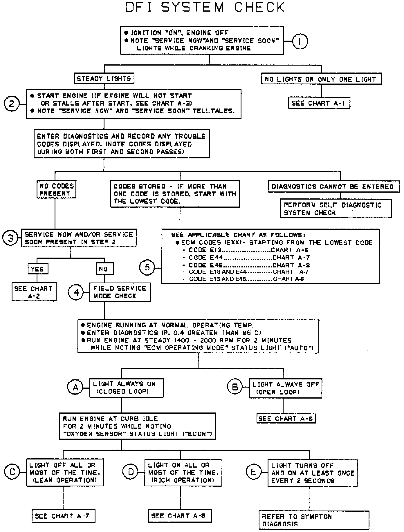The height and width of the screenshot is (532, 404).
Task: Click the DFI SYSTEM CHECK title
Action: coord(205,8)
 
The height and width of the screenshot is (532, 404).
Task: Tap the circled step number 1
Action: coord(300,41)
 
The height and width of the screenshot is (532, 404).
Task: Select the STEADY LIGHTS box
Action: coord(104,79)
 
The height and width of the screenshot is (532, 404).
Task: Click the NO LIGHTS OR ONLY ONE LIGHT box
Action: coord(321,79)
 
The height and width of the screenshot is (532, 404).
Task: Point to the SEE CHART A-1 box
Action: coord(319,103)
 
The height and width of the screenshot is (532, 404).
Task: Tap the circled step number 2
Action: coord(12,104)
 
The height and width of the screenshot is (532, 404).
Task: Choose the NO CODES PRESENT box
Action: coord(56,190)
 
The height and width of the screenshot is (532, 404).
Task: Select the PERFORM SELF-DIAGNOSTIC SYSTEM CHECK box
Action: coord(336,209)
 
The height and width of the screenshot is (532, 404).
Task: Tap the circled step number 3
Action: coord(10,238)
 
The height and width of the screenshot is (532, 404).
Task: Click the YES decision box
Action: coord(37,269)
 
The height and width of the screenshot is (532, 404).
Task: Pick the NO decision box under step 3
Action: coord(104,269)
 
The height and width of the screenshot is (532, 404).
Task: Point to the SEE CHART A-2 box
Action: coord(34,292)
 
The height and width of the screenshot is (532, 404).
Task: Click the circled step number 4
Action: coord(76,292)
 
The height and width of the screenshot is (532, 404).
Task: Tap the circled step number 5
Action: coord(147,267)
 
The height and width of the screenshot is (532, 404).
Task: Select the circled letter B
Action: coord(235,387)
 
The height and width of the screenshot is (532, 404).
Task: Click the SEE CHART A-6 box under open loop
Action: coord(286,419)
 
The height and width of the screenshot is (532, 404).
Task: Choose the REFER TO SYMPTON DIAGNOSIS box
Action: coord(313,520)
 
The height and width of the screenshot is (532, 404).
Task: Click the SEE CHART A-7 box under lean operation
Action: coord(63,516)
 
